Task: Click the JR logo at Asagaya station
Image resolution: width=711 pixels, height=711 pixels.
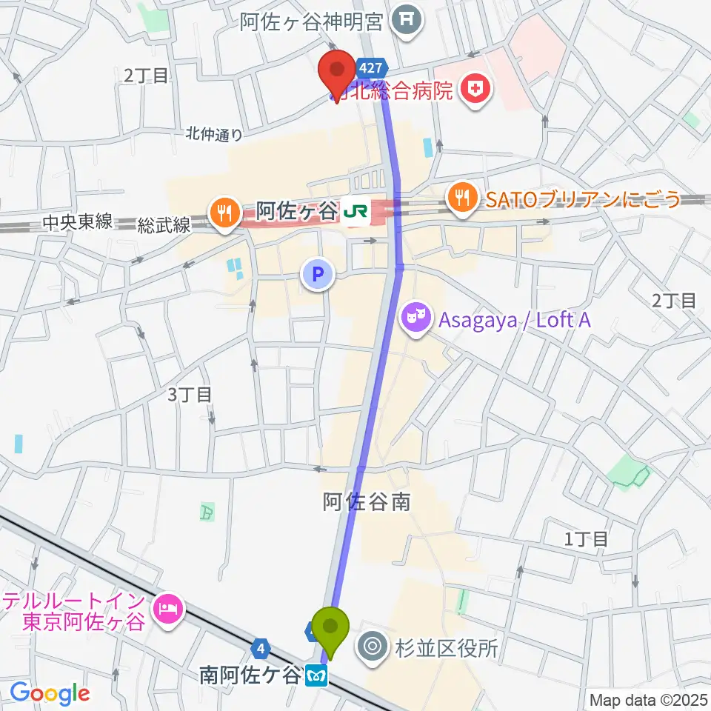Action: click(354, 213)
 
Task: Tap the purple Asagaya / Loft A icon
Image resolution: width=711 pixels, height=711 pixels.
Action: click(416, 319)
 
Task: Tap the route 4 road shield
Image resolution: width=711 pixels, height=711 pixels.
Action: click(260, 649)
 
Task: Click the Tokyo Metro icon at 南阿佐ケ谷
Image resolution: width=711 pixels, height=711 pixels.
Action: click(317, 675)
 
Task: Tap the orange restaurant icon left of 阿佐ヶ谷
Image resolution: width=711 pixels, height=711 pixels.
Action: click(223, 214)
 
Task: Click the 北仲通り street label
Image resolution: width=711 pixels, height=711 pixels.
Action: click(213, 134)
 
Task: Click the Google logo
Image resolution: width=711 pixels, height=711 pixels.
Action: click(50, 693)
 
